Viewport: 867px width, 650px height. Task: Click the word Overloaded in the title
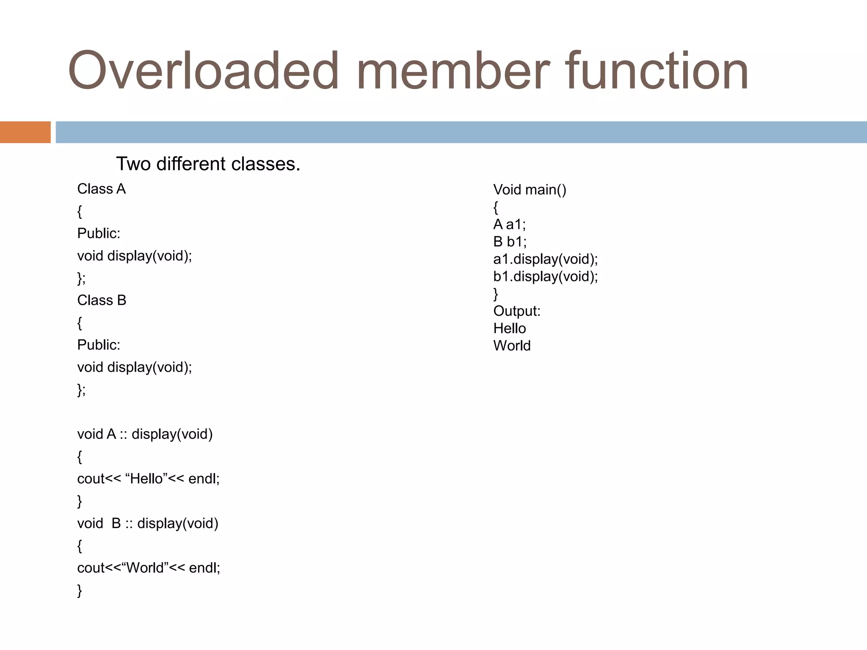(x=203, y=71)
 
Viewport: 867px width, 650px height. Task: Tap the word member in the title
(x=453, y=71)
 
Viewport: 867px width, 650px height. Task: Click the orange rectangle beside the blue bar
(x=25, y=132)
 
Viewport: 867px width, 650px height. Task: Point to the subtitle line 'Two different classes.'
(x=208, y=164)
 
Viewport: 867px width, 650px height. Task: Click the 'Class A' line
(x=101, y=189)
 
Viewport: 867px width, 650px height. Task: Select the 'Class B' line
(x=102, y=300)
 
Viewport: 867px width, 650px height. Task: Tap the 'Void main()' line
(x=530, y=190)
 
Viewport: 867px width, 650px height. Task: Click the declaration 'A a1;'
(x=509, y=224)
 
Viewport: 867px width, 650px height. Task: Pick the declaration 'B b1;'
(x=510, y=242)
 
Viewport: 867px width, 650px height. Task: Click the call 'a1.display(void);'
(x=545, y=259)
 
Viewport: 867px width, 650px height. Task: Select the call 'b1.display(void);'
(x=545, y=276)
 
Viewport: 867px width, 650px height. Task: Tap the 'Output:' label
(x=516, y=311)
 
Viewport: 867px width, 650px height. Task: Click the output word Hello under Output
(x=509, y=328)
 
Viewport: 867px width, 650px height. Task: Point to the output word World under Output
(x=512, y=346)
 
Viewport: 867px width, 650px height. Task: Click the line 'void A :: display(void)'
(x=145, y=434)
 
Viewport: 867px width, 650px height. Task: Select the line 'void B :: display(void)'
(x=147, y=523)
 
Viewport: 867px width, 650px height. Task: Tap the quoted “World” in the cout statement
(x=145, y=568)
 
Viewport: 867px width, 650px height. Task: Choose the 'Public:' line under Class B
(x=99, y=345)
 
